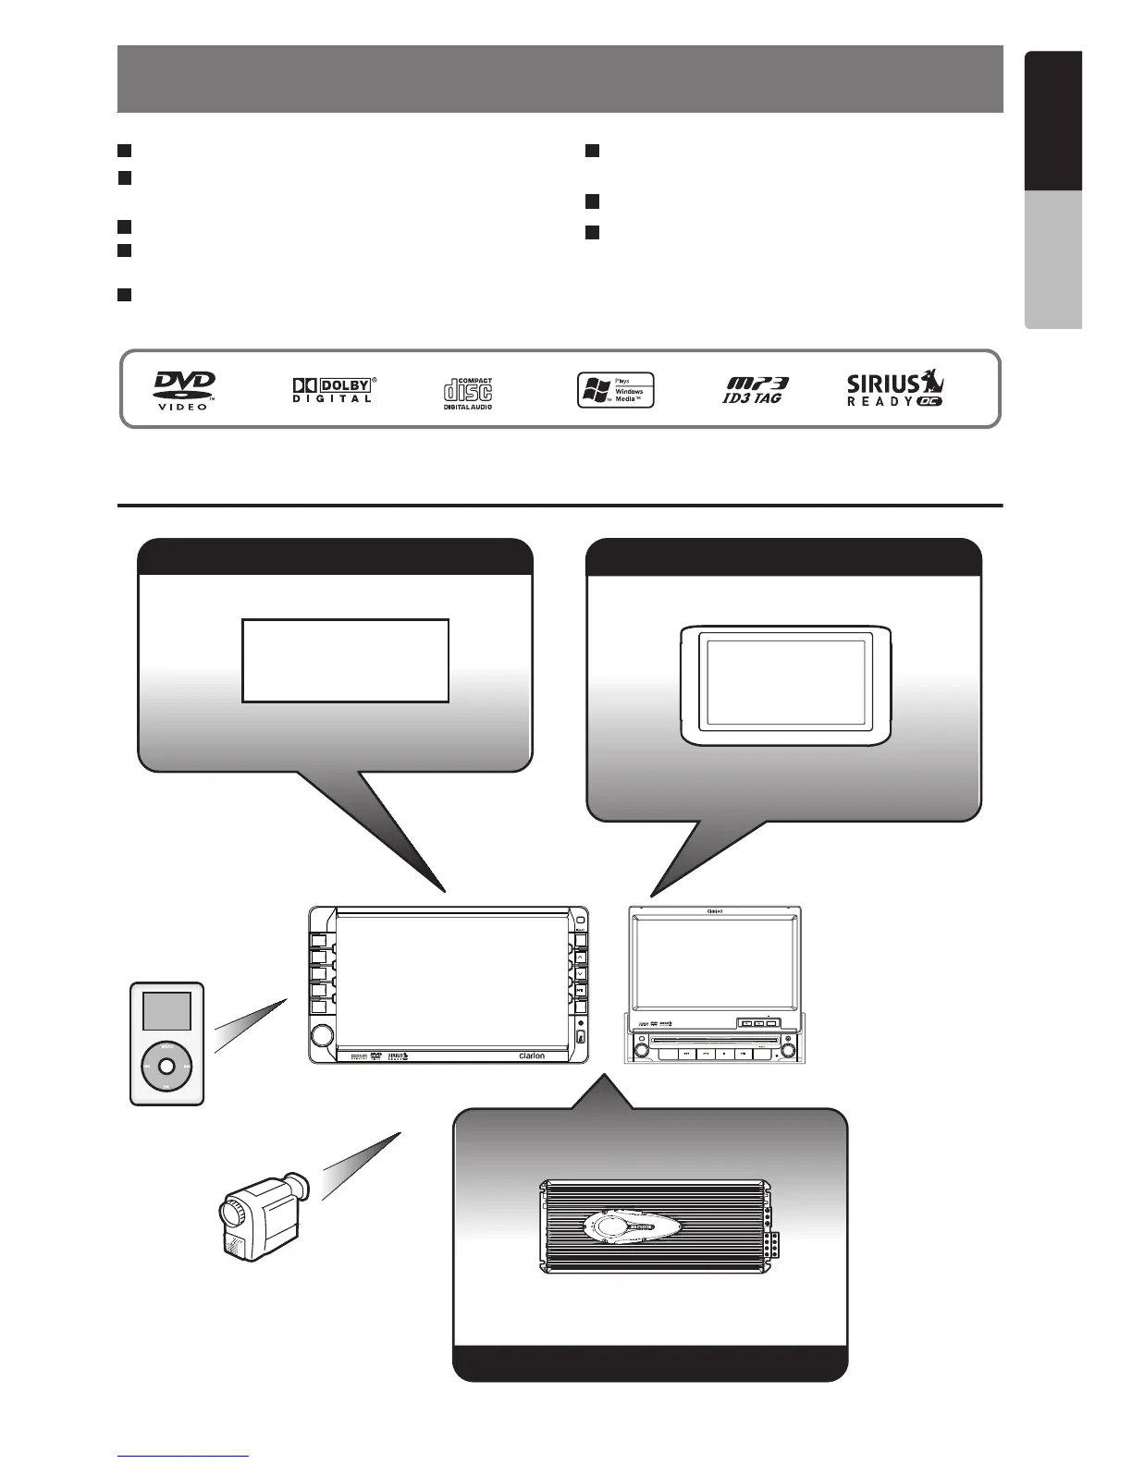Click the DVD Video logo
(x=184, y=390)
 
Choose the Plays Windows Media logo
(x=615, y=390)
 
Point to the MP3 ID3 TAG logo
(x=756, y=390)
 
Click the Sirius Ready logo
(x=895, y=390)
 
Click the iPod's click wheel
(x=166, y=1066)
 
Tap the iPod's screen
(x=166, y=1011)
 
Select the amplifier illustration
(x=655, y=1226)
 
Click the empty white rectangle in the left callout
(x=345, y=661)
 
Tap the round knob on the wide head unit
(x=322, y=1035)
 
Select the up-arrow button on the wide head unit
(x=580, y=958)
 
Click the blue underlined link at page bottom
(x=183, y=1458)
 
